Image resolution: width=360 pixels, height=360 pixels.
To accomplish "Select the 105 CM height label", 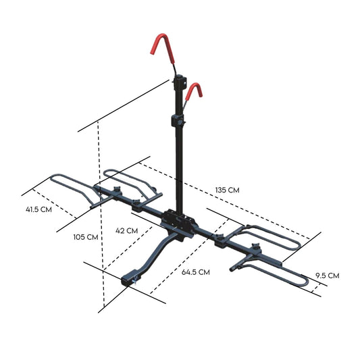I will pos(86,237).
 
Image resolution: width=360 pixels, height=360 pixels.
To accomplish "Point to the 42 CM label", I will pos(127,230).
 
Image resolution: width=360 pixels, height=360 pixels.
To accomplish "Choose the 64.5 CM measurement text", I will pos(196,272).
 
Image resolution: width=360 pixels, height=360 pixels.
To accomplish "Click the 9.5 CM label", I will pos(327,275).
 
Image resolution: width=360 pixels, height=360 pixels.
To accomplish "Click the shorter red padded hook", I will pos(197,91).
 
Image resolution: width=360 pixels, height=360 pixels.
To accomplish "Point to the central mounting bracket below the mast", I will pos(178,221).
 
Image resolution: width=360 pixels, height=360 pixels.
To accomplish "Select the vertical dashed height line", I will pos(100,203).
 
